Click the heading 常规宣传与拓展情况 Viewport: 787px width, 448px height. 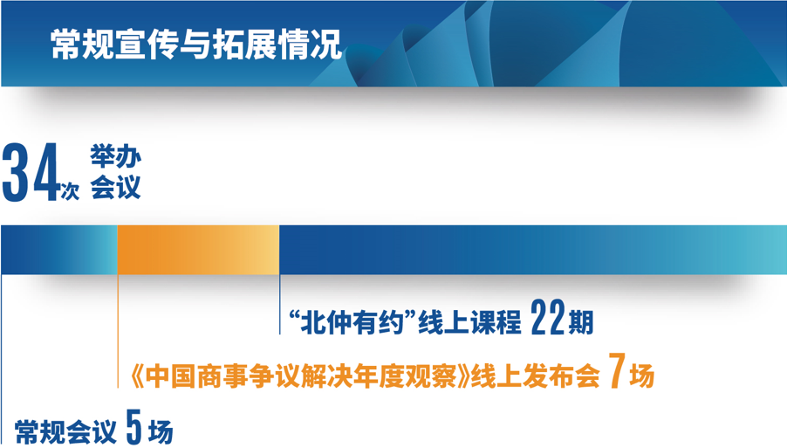tap(196, 45)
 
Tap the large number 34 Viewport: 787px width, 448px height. tap(31, 172)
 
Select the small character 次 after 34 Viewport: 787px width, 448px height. tap(70, 191)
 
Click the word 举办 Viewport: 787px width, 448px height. tap(115, 156)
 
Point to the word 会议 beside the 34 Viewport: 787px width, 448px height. tap(115, 188)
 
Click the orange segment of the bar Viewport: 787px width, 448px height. tap(198, 250)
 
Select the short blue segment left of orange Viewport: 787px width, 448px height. tap(59, 250)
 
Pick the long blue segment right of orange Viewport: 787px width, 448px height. tap(533, 250)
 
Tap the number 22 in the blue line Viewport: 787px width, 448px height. tap(548, 317)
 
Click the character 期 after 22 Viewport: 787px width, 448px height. tap(581, 322)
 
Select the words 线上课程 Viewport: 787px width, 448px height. tap(469, 322)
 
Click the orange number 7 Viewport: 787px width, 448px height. tap(618, 370)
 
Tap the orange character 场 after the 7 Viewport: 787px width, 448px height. tap(642, 376)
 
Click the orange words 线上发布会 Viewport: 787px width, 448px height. tap(535, 376)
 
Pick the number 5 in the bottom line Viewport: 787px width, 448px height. tap(134, 426)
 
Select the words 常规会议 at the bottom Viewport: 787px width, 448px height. tap(65, 431)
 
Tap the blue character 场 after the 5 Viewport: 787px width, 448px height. tap(161, 431)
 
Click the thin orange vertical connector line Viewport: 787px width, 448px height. tap(118, 331)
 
